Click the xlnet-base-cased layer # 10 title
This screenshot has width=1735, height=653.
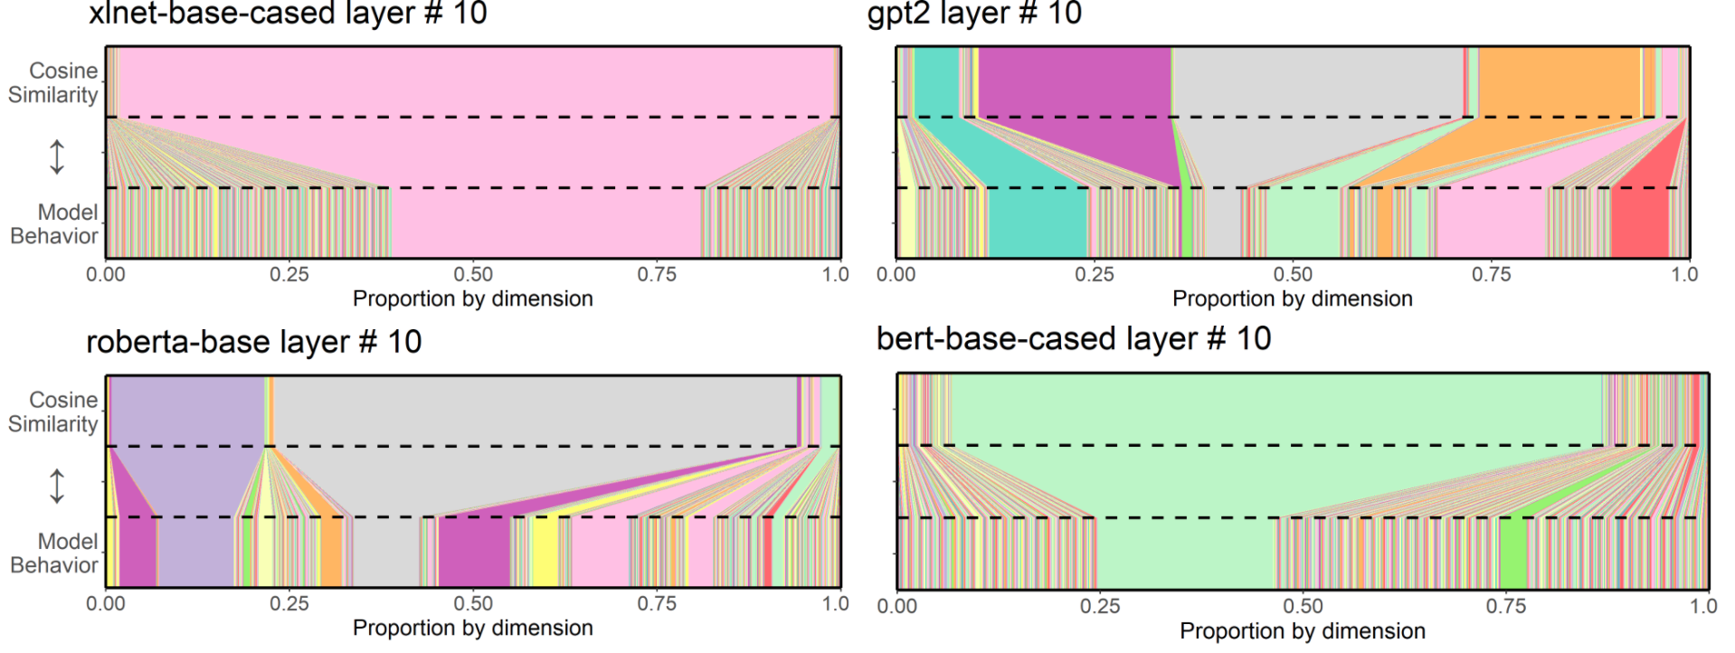[288, 14]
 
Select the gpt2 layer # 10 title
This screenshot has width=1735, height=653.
[974, 14]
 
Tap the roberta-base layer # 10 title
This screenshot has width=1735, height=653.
[254, 342]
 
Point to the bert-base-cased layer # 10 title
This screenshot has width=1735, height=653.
[1074, 339]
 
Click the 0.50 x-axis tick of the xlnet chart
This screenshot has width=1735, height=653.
[473, 274]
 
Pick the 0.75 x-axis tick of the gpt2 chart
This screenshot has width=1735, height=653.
[1491, 274]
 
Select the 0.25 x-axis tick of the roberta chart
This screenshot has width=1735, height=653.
[289, 603]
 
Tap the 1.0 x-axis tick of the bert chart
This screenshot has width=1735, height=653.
[1703, 606]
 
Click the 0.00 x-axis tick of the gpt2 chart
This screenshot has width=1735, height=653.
[896, 274]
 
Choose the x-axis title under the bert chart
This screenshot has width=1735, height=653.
[1303, 630]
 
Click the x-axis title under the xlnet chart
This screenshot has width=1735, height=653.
[473, 298]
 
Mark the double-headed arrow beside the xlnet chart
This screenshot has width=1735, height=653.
[57, 156]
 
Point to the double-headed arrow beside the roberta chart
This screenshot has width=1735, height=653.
[57, 486]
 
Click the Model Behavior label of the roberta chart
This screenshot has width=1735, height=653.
[54, 553]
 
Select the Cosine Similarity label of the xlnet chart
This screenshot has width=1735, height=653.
[53, 82]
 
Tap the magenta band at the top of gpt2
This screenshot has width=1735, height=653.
[1074, 81]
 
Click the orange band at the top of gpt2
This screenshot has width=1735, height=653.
[1559, 81]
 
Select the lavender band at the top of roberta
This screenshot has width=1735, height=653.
[185, 411]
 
